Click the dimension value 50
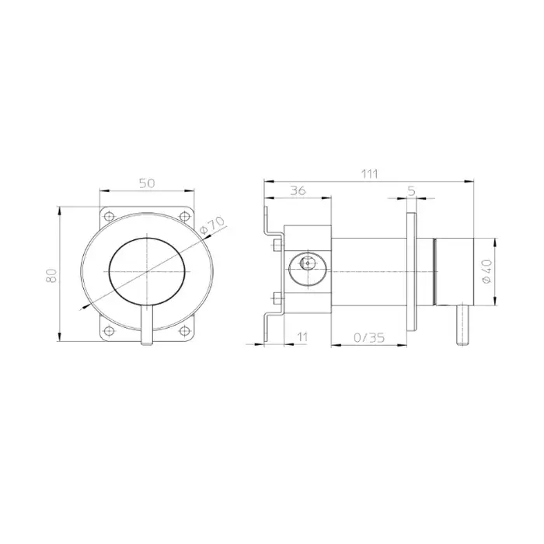click(147, 183)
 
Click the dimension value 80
click(52, 275)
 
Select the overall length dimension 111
click(369, 173)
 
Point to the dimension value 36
click(298, 190)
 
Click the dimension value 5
click(411, 191)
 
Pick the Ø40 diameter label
click(487, 271)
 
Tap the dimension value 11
click(302, 337)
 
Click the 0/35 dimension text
click(369, 337)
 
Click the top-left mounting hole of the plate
click(110, 217)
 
